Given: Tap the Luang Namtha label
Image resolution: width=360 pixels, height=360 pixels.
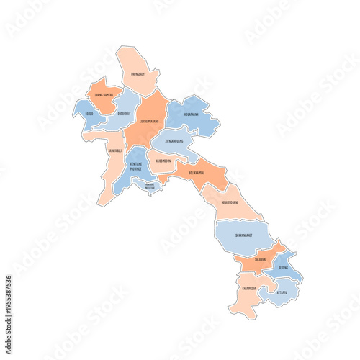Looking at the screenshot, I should point(104,95).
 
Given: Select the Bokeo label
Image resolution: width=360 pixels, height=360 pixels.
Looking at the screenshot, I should point(89,113).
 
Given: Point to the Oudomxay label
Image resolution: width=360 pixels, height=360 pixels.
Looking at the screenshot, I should point(124,113).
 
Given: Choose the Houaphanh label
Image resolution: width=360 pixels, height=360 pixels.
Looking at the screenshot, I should point(191,113).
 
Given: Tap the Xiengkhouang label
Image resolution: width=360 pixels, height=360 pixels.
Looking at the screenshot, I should point(173,142).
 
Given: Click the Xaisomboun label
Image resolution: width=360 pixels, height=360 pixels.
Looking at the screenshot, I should point(163,161).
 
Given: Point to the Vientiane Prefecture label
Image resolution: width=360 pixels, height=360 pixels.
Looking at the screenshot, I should point(150,186).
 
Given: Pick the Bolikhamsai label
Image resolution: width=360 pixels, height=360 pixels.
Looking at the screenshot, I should point(197,173).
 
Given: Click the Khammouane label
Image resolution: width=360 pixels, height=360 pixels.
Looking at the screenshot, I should point(230,202).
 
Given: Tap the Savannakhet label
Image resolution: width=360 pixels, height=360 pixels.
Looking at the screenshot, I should point(243,235).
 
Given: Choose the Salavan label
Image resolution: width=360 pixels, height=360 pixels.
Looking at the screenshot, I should point(259,259).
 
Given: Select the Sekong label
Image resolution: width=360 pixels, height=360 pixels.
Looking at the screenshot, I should point(283,268).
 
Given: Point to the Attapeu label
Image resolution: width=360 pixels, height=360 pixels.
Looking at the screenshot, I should point(282,292).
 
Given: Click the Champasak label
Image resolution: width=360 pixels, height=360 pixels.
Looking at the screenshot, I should point(250,289).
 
